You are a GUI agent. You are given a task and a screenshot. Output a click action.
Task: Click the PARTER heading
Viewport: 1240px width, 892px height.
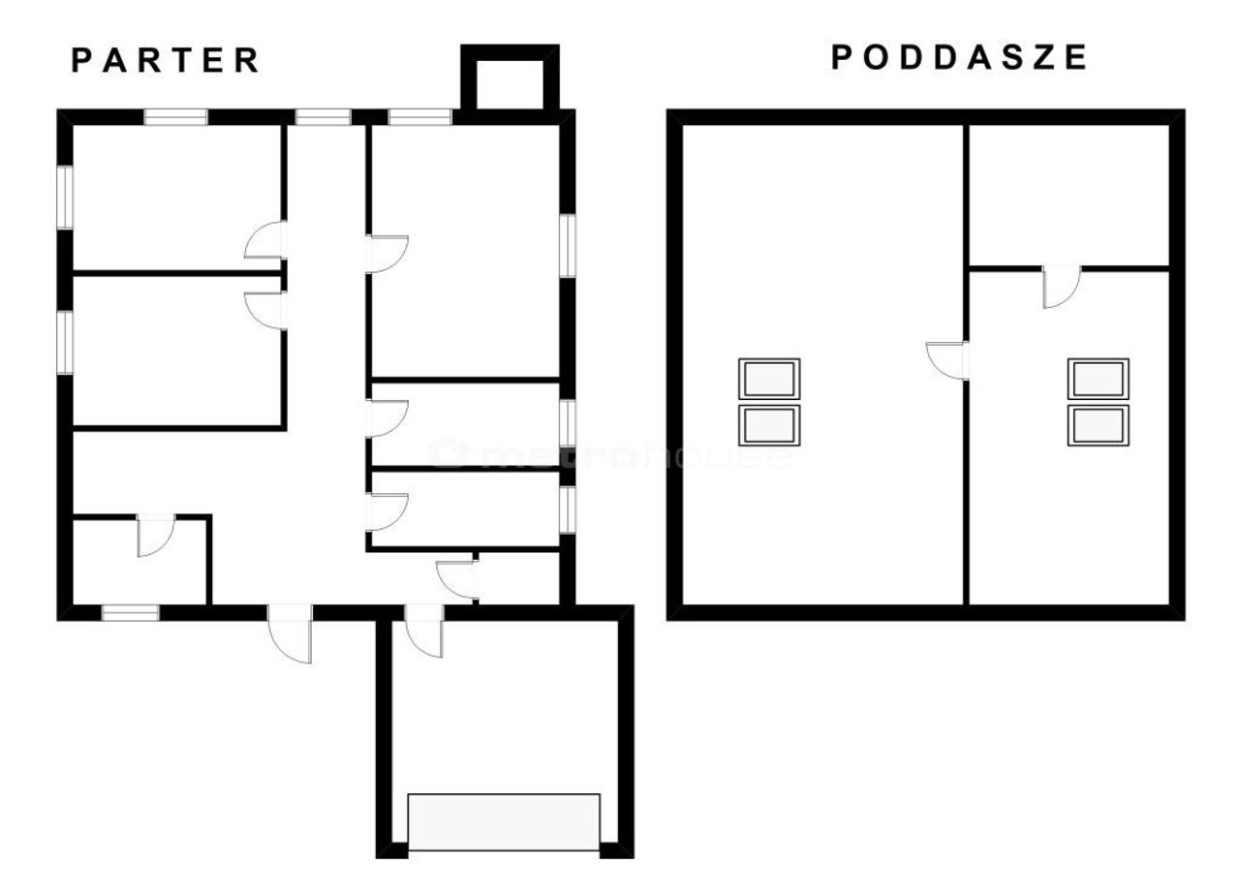click(x=166, y=60)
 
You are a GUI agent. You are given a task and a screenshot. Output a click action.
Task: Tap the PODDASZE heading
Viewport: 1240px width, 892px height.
click(x=959, y=57)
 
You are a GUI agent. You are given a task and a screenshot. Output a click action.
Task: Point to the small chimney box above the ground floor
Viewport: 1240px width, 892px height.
click(x=510, y=77)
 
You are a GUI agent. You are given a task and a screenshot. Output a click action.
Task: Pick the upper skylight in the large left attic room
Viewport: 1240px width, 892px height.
click(x=769, y=379)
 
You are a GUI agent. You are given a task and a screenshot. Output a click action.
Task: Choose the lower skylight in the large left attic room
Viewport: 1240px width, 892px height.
click(x=769, y=425)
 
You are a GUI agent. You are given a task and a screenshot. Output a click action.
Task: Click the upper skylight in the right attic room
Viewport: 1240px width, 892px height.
click(x=1099, y=379)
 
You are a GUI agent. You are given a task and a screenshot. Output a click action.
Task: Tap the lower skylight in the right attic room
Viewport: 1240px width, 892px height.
click(x=1099, y=425)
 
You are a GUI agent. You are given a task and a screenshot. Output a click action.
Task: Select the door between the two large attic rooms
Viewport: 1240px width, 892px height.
click(x=947, y=361)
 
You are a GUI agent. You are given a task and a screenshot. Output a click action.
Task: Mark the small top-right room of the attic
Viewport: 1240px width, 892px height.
click(x=1069, y=196)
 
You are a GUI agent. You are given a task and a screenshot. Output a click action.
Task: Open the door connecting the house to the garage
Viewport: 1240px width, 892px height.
click(x=424, y=631)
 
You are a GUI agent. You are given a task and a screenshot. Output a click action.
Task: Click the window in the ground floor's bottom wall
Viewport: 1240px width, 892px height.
click(x=131, y=612)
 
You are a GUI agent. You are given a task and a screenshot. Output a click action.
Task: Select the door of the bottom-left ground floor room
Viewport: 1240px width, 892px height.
click(x=156, y=535)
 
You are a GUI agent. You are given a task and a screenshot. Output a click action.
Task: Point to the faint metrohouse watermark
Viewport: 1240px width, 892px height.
click(x=611, y=455)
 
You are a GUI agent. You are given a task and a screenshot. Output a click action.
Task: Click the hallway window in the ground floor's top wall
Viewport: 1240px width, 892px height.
click(x=324, y=117)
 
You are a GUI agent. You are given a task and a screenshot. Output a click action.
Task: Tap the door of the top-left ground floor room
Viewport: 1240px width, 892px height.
click(x=265, y=239)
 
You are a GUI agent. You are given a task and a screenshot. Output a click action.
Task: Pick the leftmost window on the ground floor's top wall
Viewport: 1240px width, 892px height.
click(x=176, y=117)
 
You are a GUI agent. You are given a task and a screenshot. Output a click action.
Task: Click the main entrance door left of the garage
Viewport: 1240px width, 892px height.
click(x=290, y=633)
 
